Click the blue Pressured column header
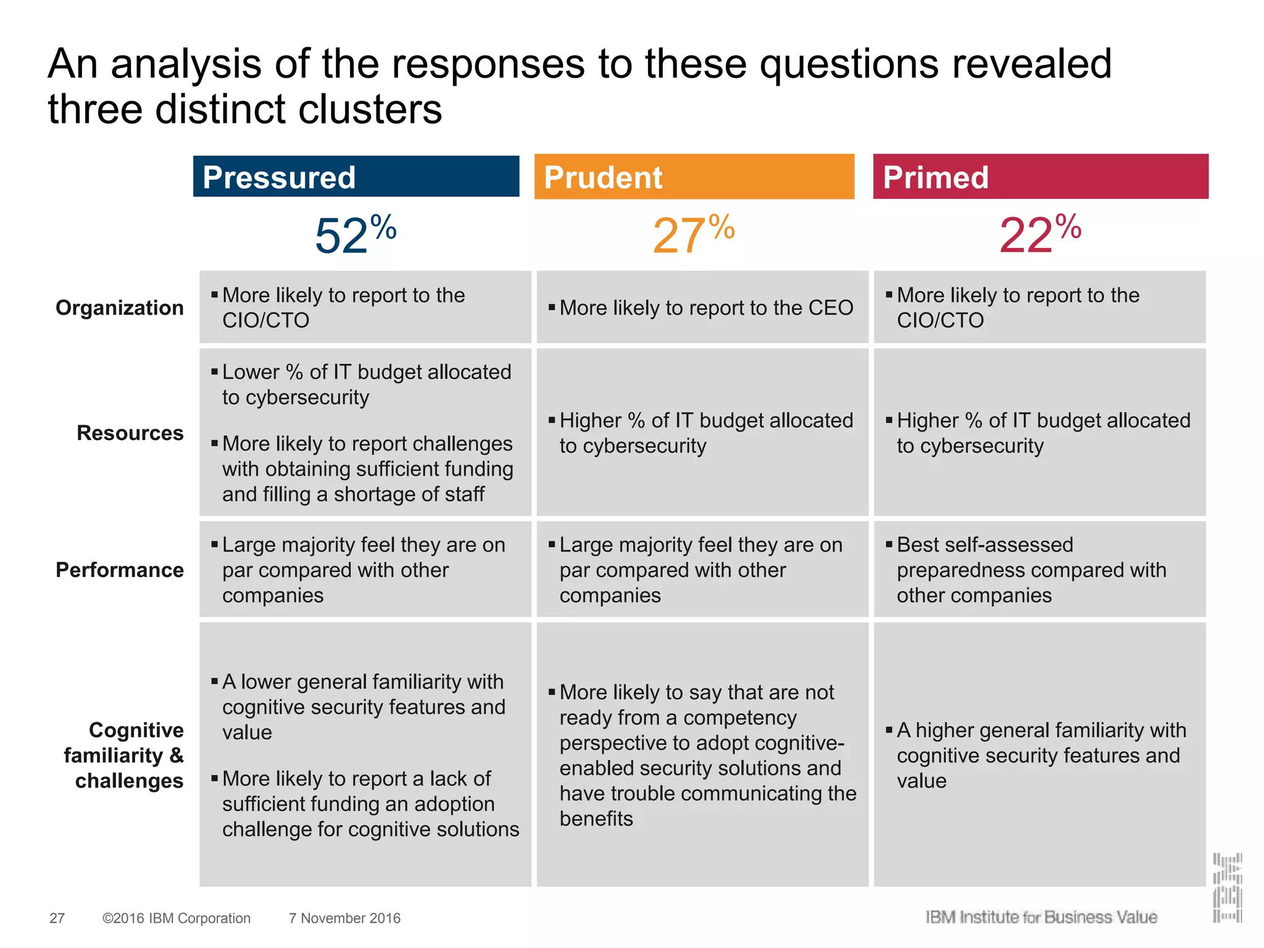(356, 177)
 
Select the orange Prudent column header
(694, 177)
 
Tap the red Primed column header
(1040, 177)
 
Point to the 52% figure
(355, 235)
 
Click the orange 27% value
(693, 235)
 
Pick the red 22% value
(1040, 235)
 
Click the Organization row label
(120, 307)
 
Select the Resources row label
(130, 433)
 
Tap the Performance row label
(120, 570)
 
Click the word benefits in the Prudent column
(596, 818)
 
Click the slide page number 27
(57, 918)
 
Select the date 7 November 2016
(344, 918)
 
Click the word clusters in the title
(370, 109)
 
